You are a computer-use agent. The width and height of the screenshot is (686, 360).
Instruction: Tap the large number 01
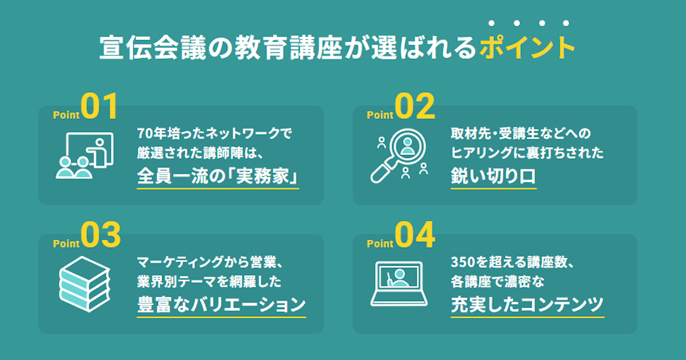pyautogui.click(x=99, y=106)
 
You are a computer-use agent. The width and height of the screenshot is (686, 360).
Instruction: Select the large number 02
pyautogui.click(x=415, y=106)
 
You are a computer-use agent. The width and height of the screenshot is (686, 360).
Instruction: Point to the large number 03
pyautogui.click(x=100, y=235)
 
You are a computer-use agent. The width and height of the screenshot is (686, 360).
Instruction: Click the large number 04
pyautogui.click(x=415, y=235)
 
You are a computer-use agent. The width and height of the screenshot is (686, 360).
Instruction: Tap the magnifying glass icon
pyautogui.click(x=399, y=155)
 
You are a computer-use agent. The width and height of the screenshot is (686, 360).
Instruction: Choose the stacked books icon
pyautogui.click(x=84, y=284)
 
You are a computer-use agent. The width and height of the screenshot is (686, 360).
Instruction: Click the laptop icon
pyautogui.click(x=399, y=284)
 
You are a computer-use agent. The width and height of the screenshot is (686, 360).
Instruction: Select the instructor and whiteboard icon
pyautogui.click(x=84, y=155)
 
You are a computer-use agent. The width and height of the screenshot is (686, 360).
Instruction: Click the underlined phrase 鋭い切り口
pyautogui.click(x=493, y=176)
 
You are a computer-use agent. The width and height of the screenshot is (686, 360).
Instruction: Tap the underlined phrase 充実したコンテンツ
pyautogui.click(x=527, y=305)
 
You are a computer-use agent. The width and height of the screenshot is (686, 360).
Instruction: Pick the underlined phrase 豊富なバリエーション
pyautogui.click(x=221, y=305)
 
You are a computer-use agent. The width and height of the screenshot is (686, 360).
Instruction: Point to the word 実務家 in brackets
pyautogui.click(x=262, y=176)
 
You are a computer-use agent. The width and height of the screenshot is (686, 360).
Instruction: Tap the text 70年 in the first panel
pyautogui.click(x=148, y=133)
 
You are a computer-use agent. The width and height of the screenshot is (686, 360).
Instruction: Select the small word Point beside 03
pyautogui.click(x=66, y=244)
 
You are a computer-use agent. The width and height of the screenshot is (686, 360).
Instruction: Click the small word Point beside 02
pyautogui.click(x=380, y=115)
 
